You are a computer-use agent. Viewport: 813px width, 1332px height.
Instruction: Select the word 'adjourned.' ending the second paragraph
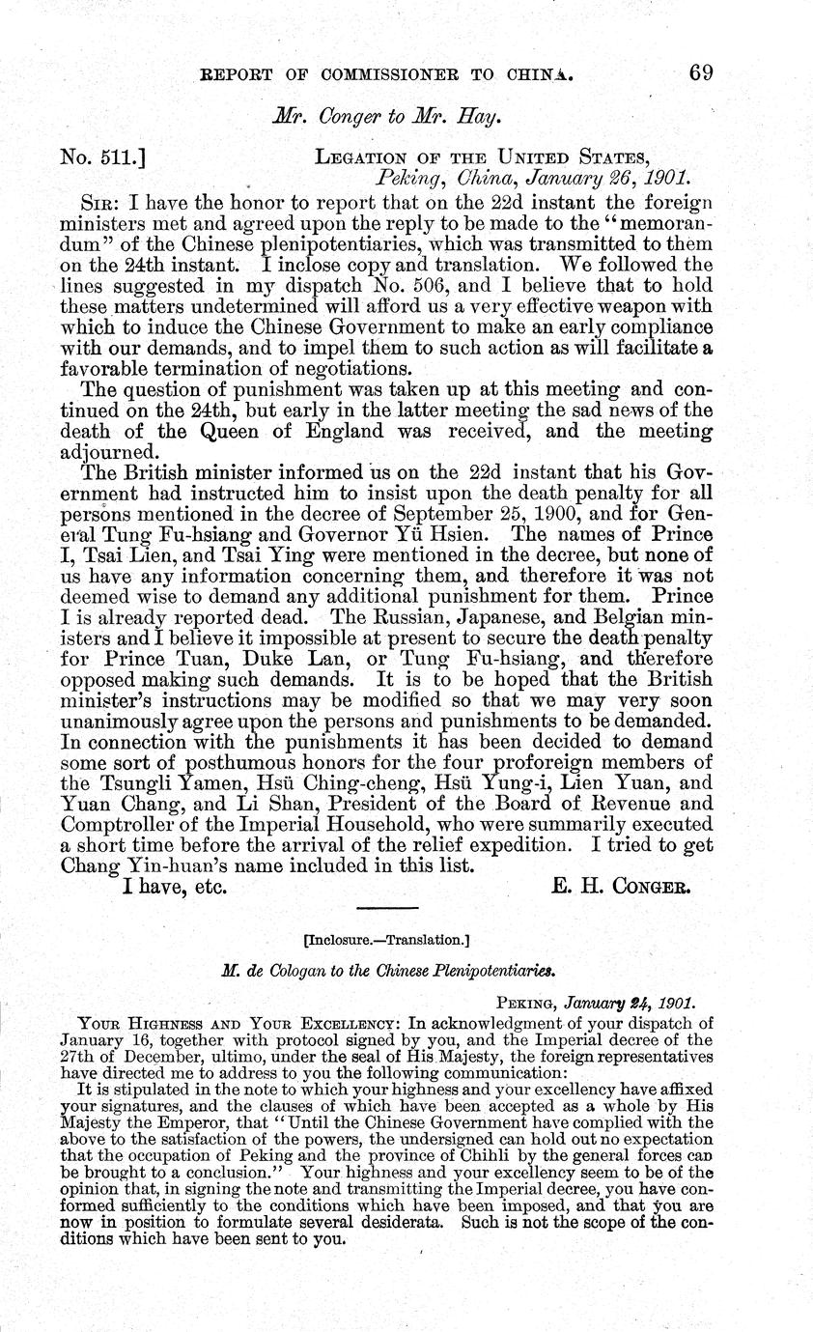coord(108,452)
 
